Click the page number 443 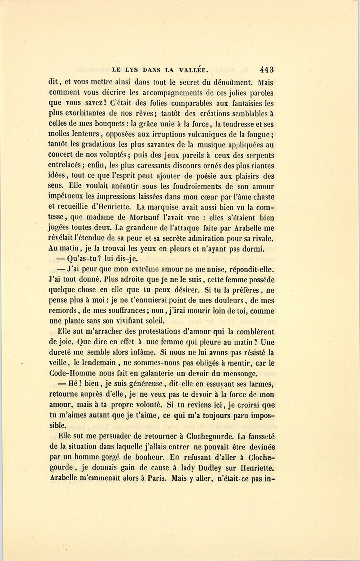click(266, 70)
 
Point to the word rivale click(262, 239)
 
